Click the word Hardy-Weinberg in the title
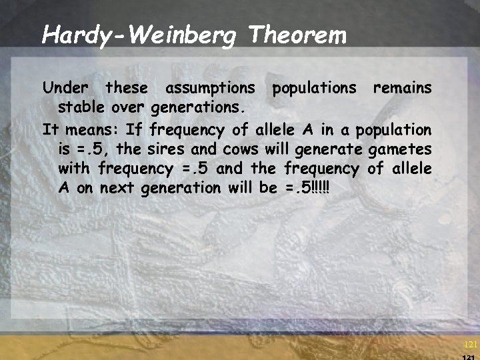pyautogui.click(x=138, y=35)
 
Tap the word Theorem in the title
pyautogui.click(x=297, y=35)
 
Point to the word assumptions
pyautogui.click(x=210, y=87)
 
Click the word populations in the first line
pyautogui.click(x=313, y=87)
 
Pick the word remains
pyautogui.click(x=402, y=87)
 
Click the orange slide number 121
pyautogui.click(x=470, y=345)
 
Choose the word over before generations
pyautogui.click(x=129, y=107)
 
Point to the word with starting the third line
pyautogui.click(x=74, y=168)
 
